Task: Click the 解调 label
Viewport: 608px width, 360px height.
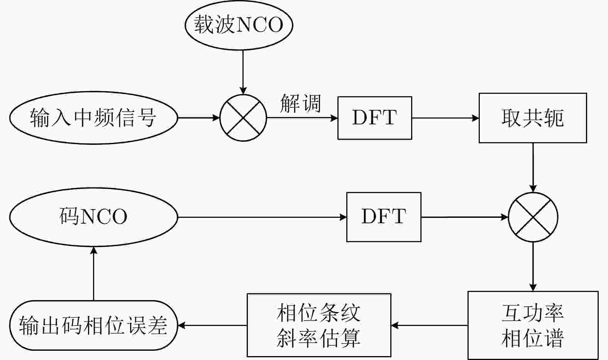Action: pos(300,103)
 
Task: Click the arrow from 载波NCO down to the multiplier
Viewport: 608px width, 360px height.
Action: pos(243,72)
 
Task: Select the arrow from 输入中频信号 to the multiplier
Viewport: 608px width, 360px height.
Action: pos(199,118)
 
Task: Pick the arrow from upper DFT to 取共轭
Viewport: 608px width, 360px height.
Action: pos(445,118)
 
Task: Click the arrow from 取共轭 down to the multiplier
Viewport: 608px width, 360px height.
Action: pos(533,168)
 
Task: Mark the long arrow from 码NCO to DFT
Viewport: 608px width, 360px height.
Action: pos(262,217)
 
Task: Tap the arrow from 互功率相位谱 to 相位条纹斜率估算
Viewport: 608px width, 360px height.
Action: pos(429,325)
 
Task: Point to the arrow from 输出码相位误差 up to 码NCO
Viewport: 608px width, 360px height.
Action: pos(94,273)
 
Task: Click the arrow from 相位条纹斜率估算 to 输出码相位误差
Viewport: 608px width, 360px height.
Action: pos(212,325)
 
